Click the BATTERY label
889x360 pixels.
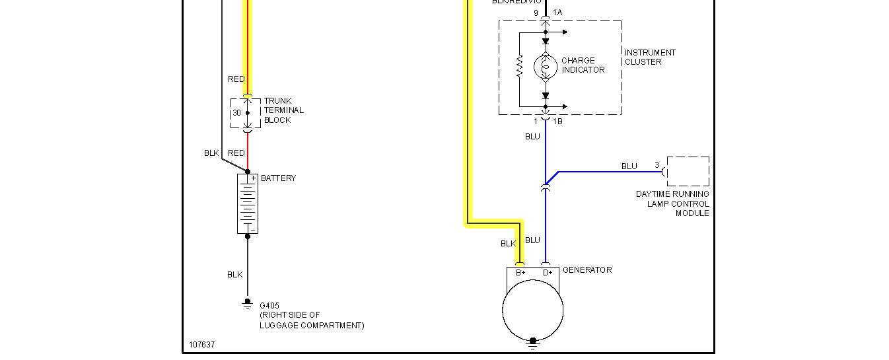[278, 178]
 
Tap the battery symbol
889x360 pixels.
[248, 204]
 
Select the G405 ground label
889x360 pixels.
[269, 306]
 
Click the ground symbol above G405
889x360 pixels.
[248, 303]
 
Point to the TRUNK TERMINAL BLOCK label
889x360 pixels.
[283, 110]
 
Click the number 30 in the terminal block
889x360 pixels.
[236, 113]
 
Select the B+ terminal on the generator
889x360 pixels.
[520, 273]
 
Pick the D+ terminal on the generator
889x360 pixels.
[547, 273]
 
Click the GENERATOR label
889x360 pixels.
[587, 270]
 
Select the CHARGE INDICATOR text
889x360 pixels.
[583, 65]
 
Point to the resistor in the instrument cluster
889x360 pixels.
[520, 65]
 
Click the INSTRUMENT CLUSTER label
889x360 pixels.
[650, 57]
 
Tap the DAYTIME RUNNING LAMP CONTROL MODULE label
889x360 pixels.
[672, 203]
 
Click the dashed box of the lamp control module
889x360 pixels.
[688, 171]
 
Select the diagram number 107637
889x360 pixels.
[201, 345]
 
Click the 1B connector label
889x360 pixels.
[557, 122]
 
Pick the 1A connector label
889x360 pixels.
[557, 13]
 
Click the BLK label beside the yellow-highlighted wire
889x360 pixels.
[508, 244]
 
